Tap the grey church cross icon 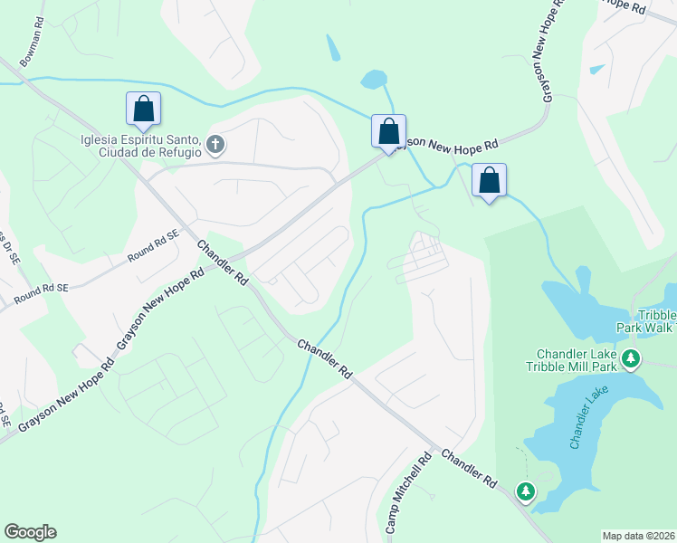point(215,144)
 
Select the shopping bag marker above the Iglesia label point(143,109)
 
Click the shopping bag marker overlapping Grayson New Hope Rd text point(388,131)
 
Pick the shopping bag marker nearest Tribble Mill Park point(489,180)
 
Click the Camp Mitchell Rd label point(406,494)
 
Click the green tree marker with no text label point(525,491)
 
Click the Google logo point(30,532)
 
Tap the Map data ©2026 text point(638,536)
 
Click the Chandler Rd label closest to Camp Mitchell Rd point(471,467)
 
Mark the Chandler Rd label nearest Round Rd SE point(223,263)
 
